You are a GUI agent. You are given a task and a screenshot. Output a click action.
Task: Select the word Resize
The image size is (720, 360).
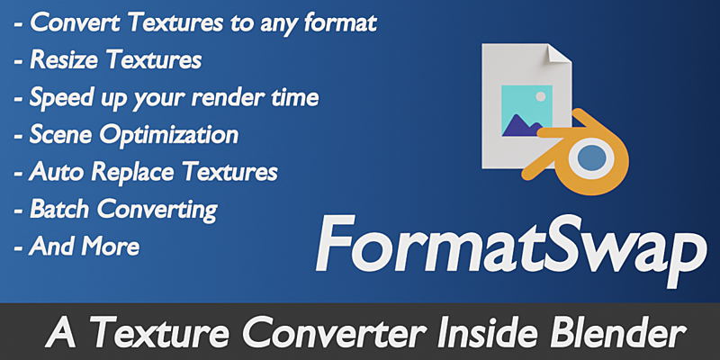[x=64, y=60]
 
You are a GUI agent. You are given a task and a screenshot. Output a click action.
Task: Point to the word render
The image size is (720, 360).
[x=219, y=98]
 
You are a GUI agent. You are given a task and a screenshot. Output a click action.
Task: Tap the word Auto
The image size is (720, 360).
[x=57, y=172]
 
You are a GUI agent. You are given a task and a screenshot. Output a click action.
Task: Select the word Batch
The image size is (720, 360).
[x=59, y=210]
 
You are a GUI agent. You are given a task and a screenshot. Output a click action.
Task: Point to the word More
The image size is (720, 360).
[x=111, y=247]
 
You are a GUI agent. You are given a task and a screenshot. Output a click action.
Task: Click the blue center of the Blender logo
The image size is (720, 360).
[x=592, y=157]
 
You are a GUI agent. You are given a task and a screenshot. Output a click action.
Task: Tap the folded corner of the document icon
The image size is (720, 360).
[x=557, y=53]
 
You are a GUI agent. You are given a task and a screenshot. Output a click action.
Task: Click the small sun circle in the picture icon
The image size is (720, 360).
[x=541, y=96]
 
